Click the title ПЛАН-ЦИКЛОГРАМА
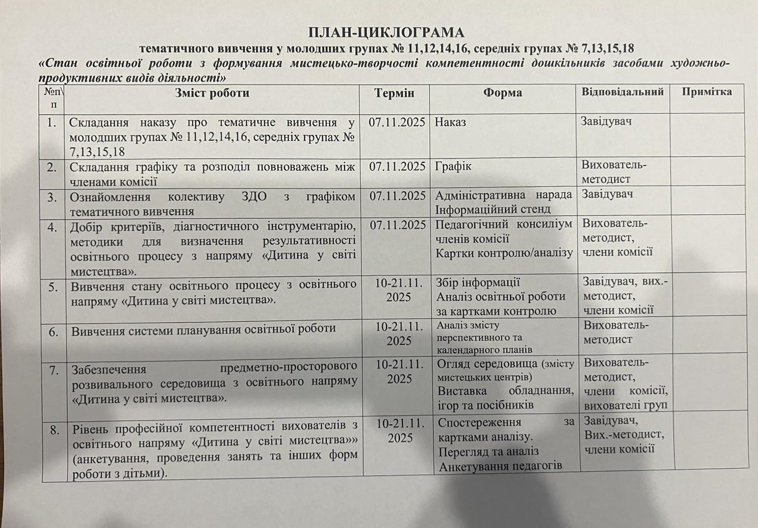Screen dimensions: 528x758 pyautogui.click(x=386, y=33)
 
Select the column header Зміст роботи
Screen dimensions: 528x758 pyautogui.click(x=212, y=93)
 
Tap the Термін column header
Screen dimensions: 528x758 pyautogui.click(x=394, y=93)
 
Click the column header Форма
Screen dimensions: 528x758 pyautogui.click(x=502, y=93)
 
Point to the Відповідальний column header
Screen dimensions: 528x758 pyautogui.click(x=622, y=92)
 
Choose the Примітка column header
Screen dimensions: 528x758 pyautogui.click(x=706, y=92)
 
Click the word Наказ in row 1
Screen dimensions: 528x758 pyautogui.click(x=450, y=122)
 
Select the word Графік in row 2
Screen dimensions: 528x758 pyautogui.click(x=453, y=166)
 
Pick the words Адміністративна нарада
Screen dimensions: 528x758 pyautogui.click(x=503, y=195)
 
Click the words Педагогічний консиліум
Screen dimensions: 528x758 pyautogui.click(x=504, y=224)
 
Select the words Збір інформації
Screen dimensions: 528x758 pyautogui.click(x=478, y=282)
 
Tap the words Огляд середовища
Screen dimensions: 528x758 pyautogui.click(x=486, y=363)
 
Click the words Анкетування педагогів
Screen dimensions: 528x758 pyautogui.click(x=500, y=466)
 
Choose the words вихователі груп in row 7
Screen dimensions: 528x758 pyautogui.click(x=625, y=405)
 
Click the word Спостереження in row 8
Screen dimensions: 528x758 pyautogui.click(x=479, y=422)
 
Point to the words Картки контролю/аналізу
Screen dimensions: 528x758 pyautogui.click(x=504, y=253)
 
